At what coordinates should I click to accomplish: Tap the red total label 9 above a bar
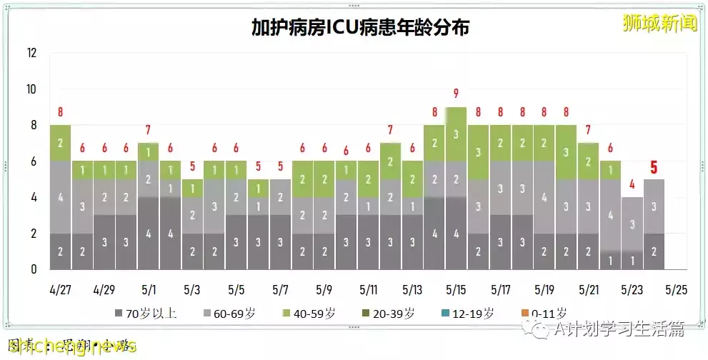pos(456,93)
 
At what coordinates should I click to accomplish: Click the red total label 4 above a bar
pos(632,184)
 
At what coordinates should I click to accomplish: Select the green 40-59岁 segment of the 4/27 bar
pos(60,143)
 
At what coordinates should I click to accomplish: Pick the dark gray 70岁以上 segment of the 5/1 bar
pos(149,233)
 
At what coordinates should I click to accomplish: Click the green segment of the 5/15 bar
pos(456,134)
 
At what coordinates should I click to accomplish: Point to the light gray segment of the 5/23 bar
pos(632,224)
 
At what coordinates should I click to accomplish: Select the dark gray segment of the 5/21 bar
pos(588,251)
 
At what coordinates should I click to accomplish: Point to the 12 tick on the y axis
pos(31,53)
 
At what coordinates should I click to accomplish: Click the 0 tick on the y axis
pos(33,270)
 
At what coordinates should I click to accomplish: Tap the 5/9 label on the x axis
pos(324,291)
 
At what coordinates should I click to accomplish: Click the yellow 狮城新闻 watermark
pos(660,23)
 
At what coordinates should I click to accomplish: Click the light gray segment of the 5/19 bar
pos(544,197)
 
